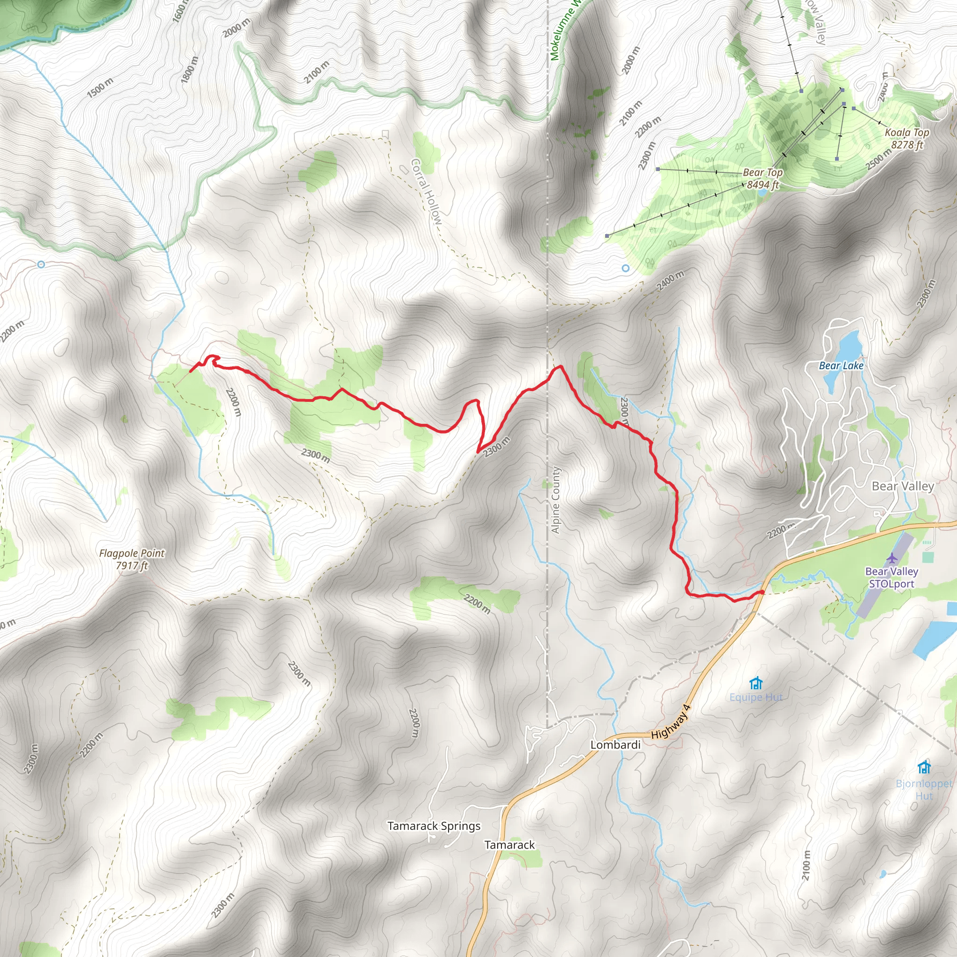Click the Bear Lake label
[841, 365]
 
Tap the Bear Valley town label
[902, 486]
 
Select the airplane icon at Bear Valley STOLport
[892, 558]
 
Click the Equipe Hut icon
[756, 684]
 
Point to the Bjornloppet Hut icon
[924, 767]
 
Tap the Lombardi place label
[615, 744]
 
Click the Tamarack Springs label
[434, 826]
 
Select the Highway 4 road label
[670, 722]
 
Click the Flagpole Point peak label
[132, 559]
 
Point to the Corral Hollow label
[426, 192]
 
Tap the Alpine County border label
[556, 500]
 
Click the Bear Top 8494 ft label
[763, 179]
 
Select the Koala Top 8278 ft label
[907, 138]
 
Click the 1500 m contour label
[100, 88]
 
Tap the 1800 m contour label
[190, 69]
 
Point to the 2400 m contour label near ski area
[670, 281]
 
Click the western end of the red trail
[191, 371]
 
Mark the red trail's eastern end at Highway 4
[762, 592]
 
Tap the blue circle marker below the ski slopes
[626, 268]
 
